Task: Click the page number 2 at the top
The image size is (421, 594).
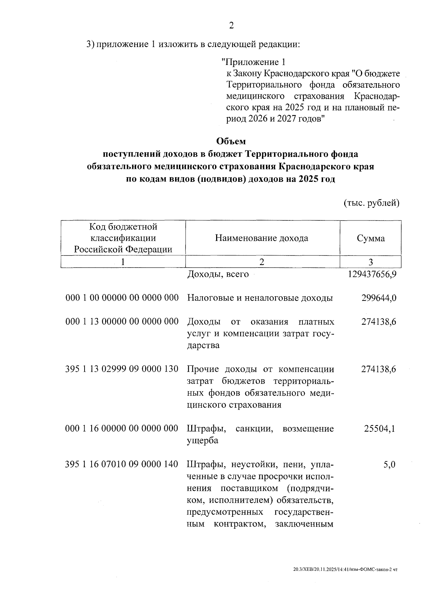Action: pos(231,25)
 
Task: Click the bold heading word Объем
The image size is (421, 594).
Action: pos(231,141)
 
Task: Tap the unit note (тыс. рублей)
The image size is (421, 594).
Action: pos(371,203)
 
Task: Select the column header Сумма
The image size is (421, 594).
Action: pos(370,238)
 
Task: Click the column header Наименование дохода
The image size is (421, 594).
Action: pos(261,238)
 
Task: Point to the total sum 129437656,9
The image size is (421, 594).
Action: pos(372,274)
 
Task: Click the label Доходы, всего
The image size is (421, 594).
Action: pos(218,274)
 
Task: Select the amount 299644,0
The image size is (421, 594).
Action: pos(379,298)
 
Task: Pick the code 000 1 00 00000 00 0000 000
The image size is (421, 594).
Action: pos(122,298)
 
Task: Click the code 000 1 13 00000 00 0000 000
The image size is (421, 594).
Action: pos(122,322)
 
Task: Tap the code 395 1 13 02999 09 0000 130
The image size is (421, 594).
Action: pos(122,369)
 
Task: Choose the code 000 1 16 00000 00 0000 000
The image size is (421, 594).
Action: pos(122,428)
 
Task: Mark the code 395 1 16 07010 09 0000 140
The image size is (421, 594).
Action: pos(122,464)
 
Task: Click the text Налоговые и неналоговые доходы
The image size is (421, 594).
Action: pos(260,298)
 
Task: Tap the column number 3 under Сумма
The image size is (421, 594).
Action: pos(370,262)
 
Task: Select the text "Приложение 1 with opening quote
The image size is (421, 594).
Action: pos(253,62)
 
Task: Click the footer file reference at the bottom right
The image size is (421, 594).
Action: pos(346,569)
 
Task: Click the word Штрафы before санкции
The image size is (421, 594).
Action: pos(206,428)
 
